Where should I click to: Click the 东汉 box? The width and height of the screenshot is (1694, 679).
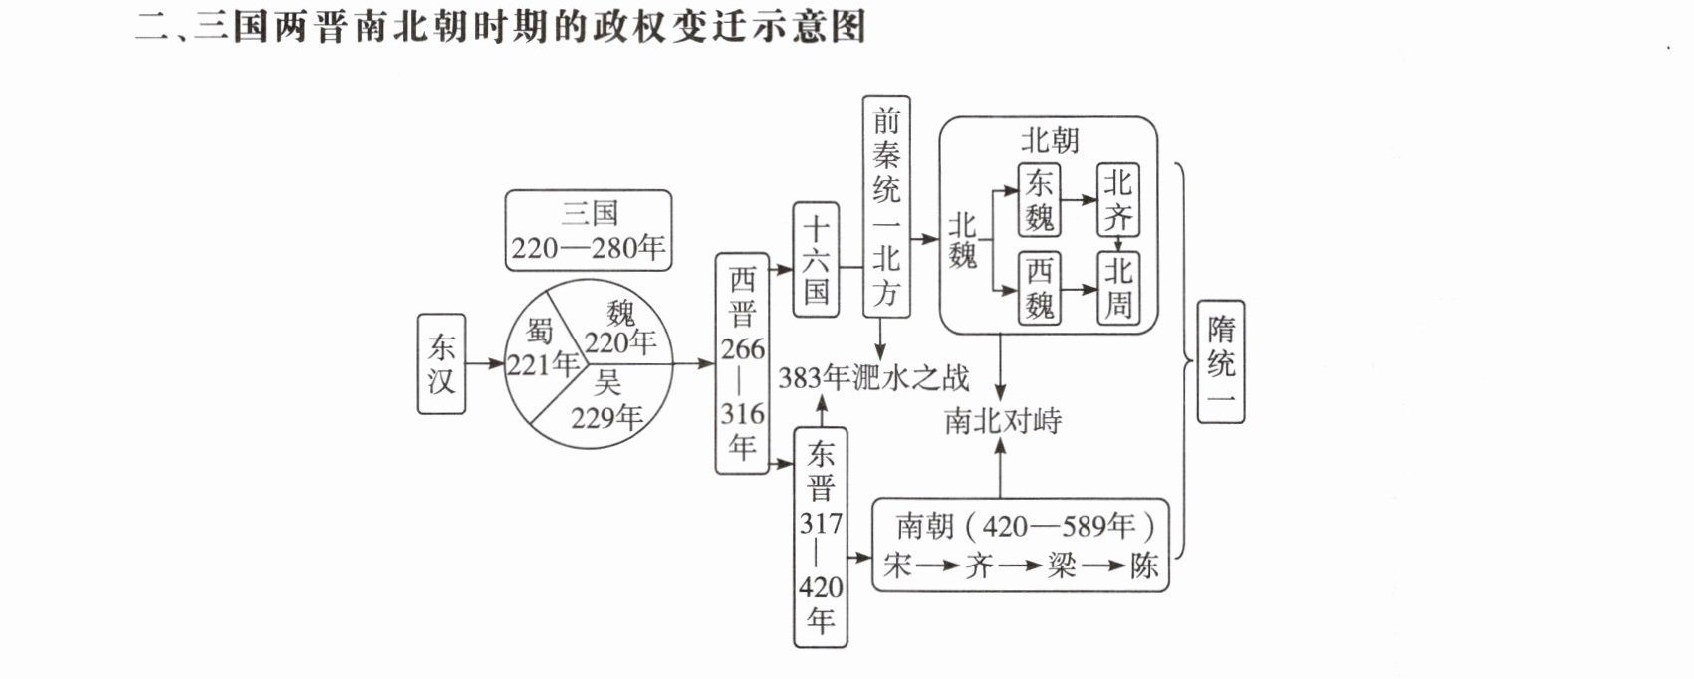441,363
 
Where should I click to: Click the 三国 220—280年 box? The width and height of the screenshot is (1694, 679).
589,231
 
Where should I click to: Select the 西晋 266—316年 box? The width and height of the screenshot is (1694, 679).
742,363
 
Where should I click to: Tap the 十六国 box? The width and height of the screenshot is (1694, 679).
816,259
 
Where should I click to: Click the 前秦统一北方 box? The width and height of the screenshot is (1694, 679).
886,206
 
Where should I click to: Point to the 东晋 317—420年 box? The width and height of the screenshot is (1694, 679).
821,538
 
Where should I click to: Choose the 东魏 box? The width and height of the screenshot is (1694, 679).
1039,200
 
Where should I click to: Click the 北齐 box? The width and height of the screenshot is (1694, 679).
1118,200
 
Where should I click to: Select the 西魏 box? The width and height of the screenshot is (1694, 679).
1039,288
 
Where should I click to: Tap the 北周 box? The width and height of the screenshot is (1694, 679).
1118,288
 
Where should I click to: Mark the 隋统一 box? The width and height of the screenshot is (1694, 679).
1221,361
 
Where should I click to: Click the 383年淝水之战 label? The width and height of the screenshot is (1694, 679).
873,378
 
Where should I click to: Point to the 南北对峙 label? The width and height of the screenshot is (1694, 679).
1003,420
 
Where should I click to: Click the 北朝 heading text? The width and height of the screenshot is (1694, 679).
1050,140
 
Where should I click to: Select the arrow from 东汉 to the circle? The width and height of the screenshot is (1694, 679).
485,363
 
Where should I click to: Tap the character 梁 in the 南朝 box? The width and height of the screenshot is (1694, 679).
1061,565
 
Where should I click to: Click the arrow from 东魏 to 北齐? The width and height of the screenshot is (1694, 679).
1079,200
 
